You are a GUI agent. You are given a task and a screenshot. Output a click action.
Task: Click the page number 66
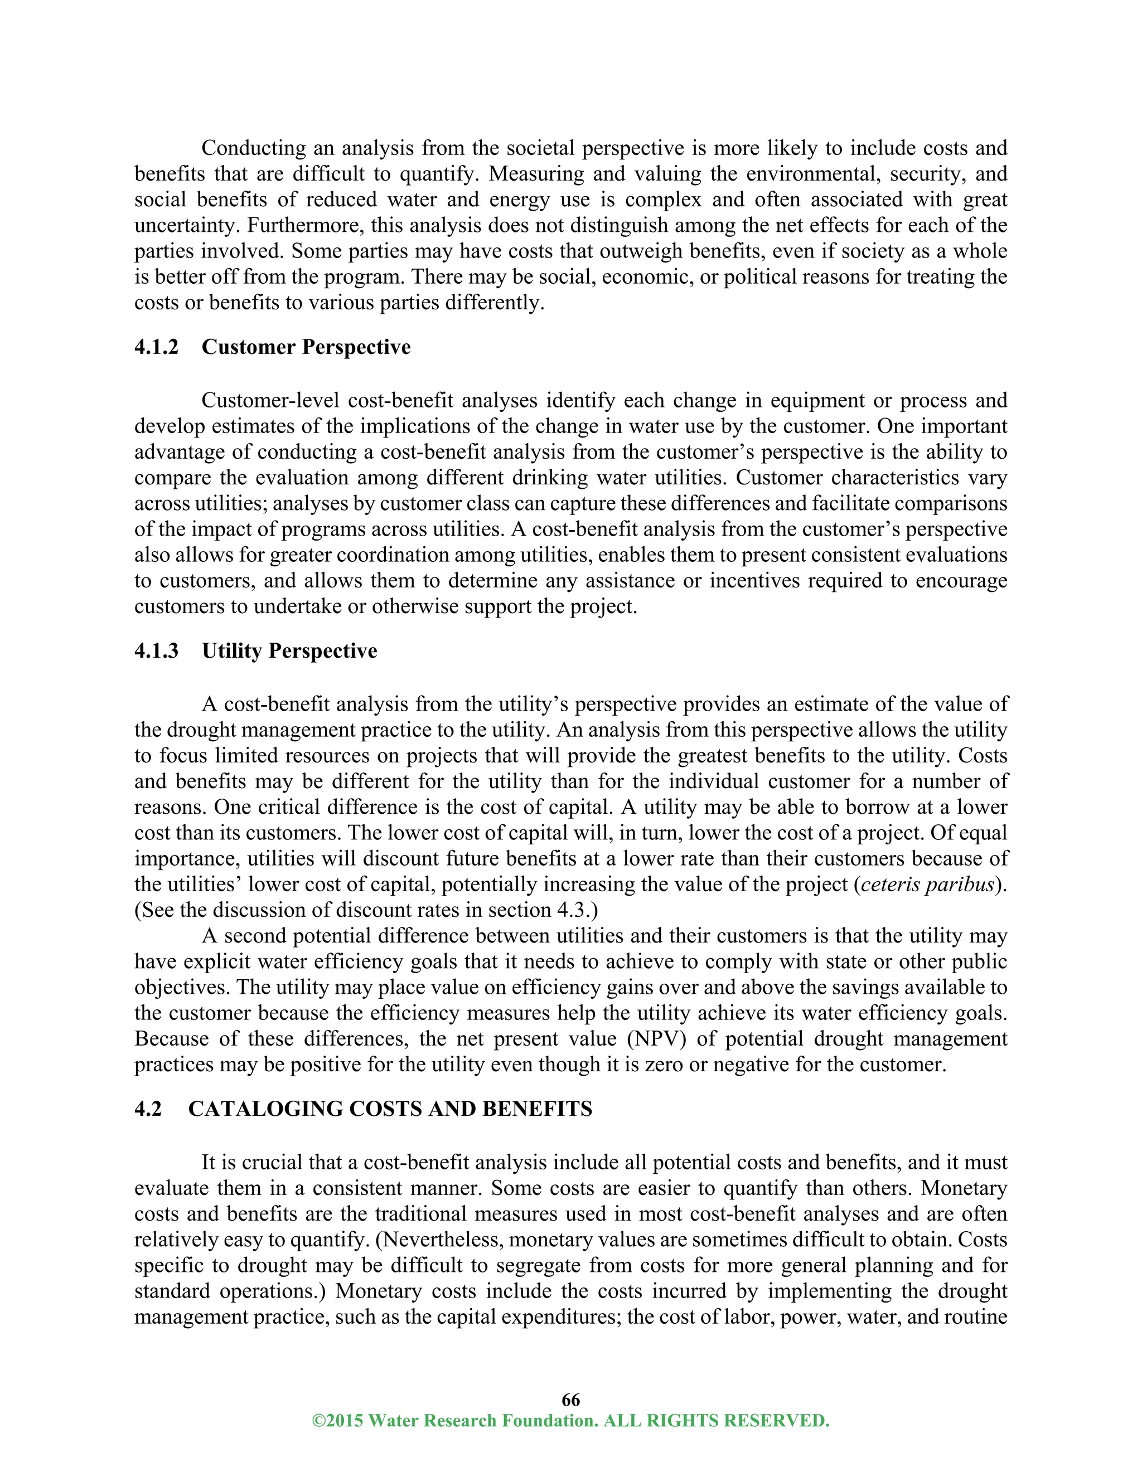(570, 1399)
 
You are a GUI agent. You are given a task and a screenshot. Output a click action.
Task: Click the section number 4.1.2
(156, 347)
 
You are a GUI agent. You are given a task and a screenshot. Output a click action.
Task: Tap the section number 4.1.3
(156, 650)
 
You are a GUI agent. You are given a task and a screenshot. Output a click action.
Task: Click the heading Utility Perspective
(289, 650)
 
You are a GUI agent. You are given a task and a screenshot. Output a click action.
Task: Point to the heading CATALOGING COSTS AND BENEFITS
(390, 1109)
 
